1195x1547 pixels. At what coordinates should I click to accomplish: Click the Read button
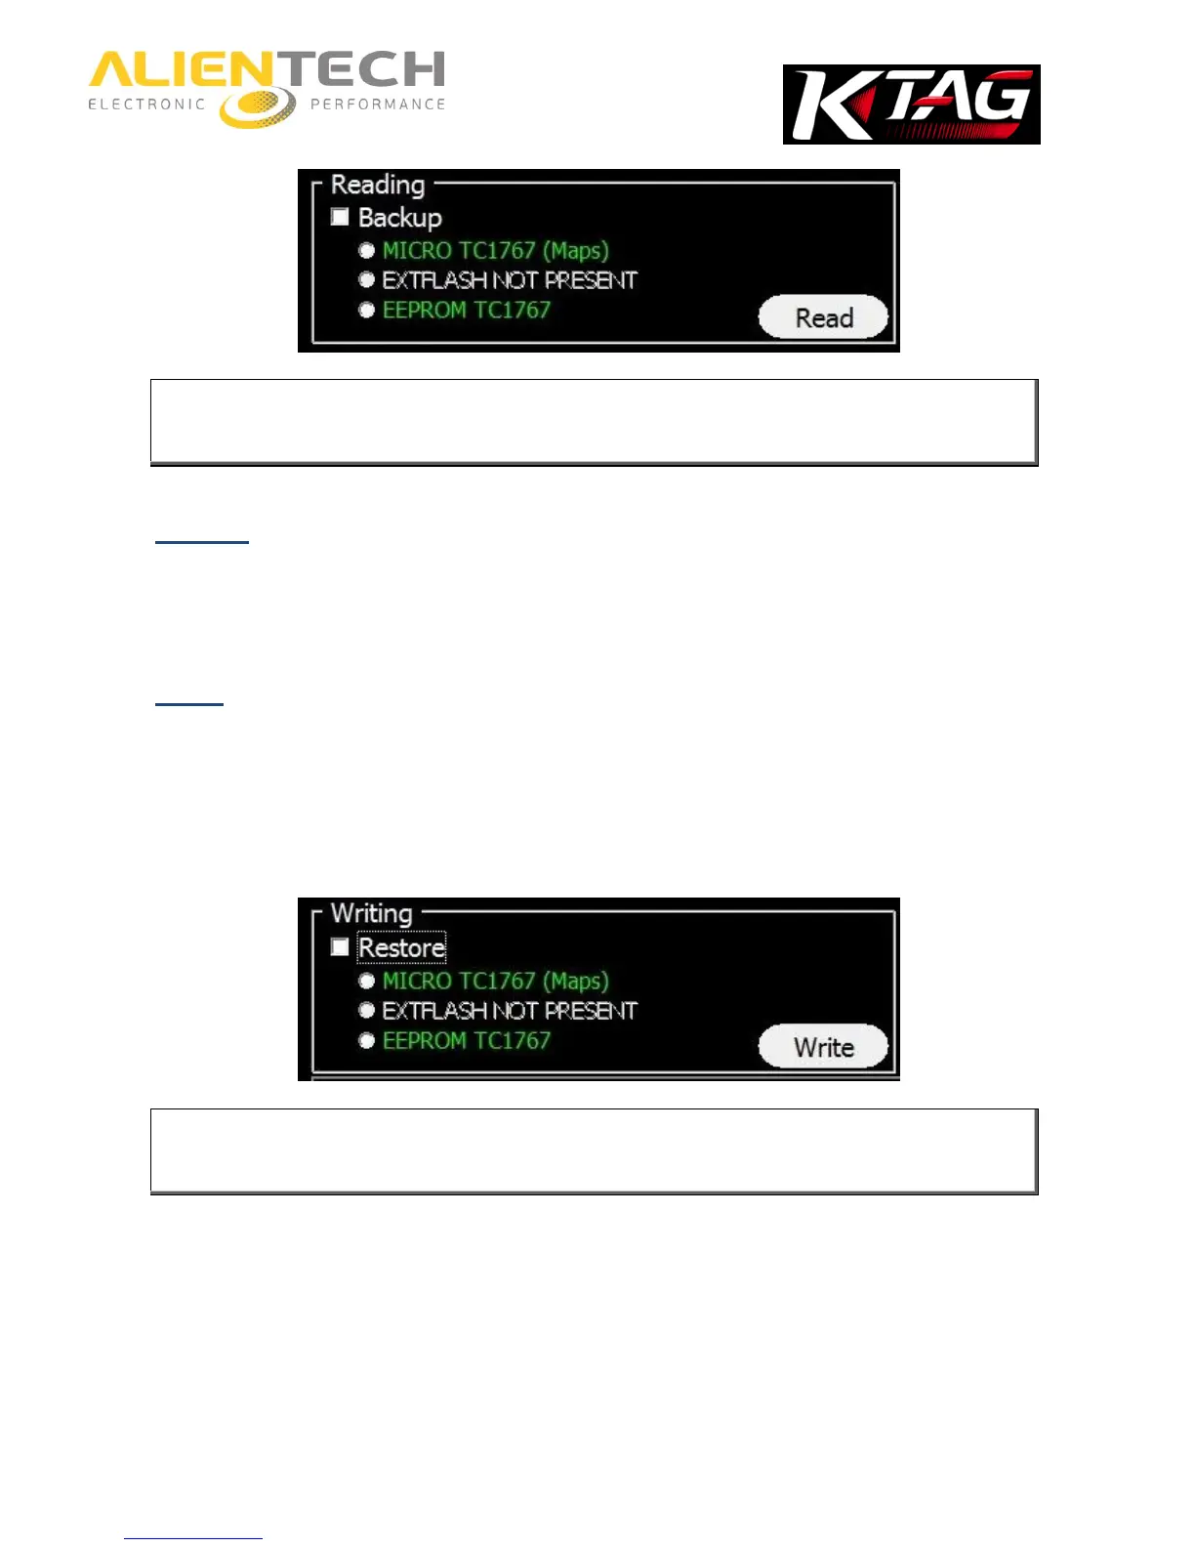tap(823, 317)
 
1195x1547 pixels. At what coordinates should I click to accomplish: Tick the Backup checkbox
tap(340, 217)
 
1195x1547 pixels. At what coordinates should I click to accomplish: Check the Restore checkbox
tap(340, 947)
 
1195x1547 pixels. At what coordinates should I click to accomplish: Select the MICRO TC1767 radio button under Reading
tap(367, 251)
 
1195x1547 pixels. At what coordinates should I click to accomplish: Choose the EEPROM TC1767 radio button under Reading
tap(367, 311)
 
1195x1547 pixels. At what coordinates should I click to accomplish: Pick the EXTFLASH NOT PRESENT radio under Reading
tap(367, 280)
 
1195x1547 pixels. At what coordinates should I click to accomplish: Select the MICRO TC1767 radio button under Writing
tap(367, 981)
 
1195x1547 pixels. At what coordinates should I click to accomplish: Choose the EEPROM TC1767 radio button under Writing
tap(367, 1041)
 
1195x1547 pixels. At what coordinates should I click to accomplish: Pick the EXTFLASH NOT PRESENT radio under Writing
tap(367, 1011)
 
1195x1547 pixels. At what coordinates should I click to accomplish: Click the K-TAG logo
tap(911, 105)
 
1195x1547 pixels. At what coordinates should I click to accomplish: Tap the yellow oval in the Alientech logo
tap(257, 106)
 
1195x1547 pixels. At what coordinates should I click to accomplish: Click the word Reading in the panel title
tap(378, 185)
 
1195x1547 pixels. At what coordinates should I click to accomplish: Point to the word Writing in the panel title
tap(372, 913)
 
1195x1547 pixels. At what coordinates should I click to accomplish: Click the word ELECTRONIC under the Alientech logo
tap(146, 105)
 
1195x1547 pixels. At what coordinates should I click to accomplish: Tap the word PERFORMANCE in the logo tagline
tap(378, 105)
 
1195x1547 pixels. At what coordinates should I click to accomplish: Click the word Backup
tap(400, 217)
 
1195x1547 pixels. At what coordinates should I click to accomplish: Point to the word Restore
tap(402, 947)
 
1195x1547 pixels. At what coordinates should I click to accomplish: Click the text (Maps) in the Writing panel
tap(576, 982)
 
